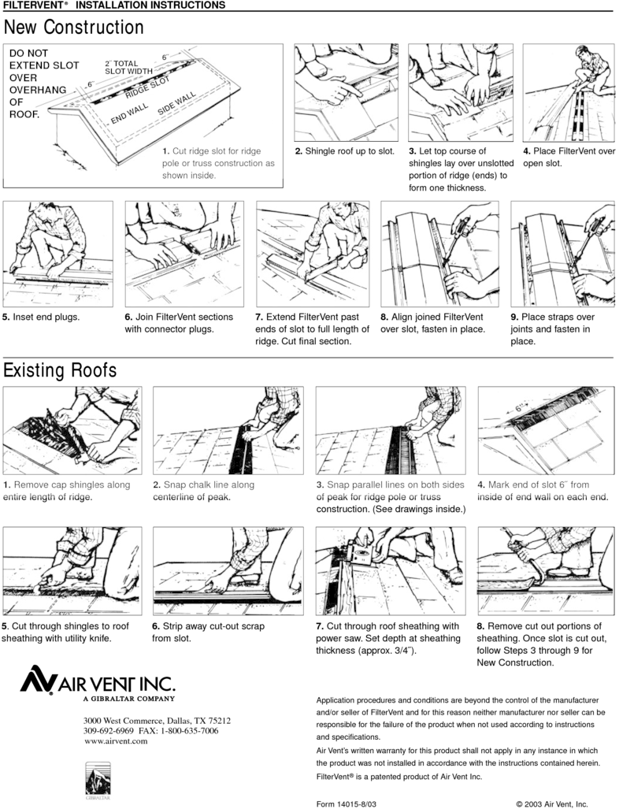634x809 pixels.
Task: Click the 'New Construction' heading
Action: pyautogui.click(x=74, y=28)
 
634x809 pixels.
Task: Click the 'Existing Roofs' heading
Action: pyautogui.click(x=60, y=370)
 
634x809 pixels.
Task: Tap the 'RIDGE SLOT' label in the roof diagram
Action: pyautogui.click(x=147, y=87)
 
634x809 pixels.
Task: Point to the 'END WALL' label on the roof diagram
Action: pyautogui.click(x=129, y=113)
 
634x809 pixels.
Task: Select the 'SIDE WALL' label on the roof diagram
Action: pyautogui.click(x=176, y=103)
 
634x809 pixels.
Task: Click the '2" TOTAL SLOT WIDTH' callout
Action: pyautogui.click(x=128, y=67)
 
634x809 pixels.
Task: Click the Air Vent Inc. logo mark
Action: pyautogui.click(x=38, y=680)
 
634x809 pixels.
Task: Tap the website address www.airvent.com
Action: pyautogui.click(x=116, y=741)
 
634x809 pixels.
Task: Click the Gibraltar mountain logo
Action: pyautogui.click(x=98, y=778)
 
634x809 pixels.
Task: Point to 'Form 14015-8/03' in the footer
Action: pyautogui.click(x=347, y=803)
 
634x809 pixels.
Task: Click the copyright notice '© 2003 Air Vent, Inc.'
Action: pyautogui.click(x=552, y=803)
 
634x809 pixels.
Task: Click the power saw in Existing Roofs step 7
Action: pyautogui.click(x=362, y=555)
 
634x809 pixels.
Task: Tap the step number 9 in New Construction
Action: pyautogui.click(x=514, y=317)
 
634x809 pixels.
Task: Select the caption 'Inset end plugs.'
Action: pyautogui.click(x=46, y=317)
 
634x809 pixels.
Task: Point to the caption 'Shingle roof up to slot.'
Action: pyautogui.click(x=350, y=151)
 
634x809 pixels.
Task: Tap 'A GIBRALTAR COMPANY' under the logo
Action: pyautogui.click(x=129, y=699)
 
